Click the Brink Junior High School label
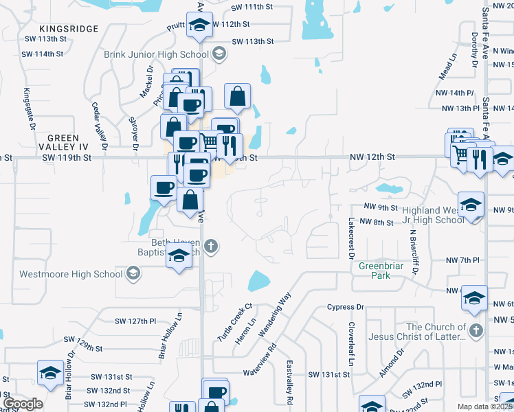pos(156,54)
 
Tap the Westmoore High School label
pos(61,274)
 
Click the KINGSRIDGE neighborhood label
pos(69,29)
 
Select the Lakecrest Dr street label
pos(350,238)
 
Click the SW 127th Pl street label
pos(136,321)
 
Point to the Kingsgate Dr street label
pos(28,108)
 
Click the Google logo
pos(23,404)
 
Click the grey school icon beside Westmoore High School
pos(133,274)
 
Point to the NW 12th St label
pos(371,157)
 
